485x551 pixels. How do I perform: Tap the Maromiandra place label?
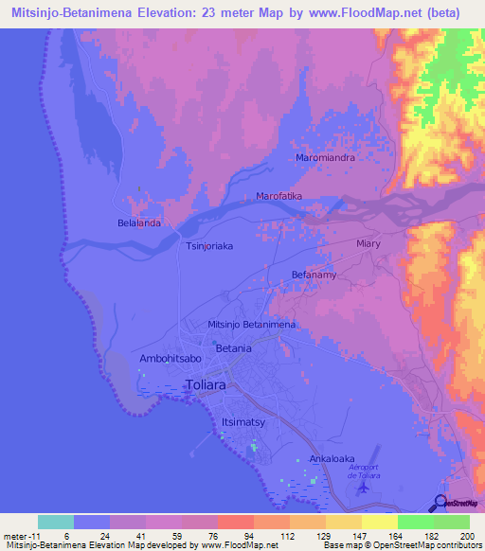tap(325, 158)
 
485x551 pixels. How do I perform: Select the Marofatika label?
tap(279, 196)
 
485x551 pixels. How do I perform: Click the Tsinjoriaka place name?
tap(207, 245)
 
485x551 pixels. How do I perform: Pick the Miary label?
tap(368, 243)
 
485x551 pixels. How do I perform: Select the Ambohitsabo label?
tap(171, 360)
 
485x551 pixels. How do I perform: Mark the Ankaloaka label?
tap(331, 459)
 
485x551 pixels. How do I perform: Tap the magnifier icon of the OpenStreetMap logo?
tap(440, 502)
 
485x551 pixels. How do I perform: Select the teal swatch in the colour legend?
tap(56, 522)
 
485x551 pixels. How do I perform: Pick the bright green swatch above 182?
tap(415, 522)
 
